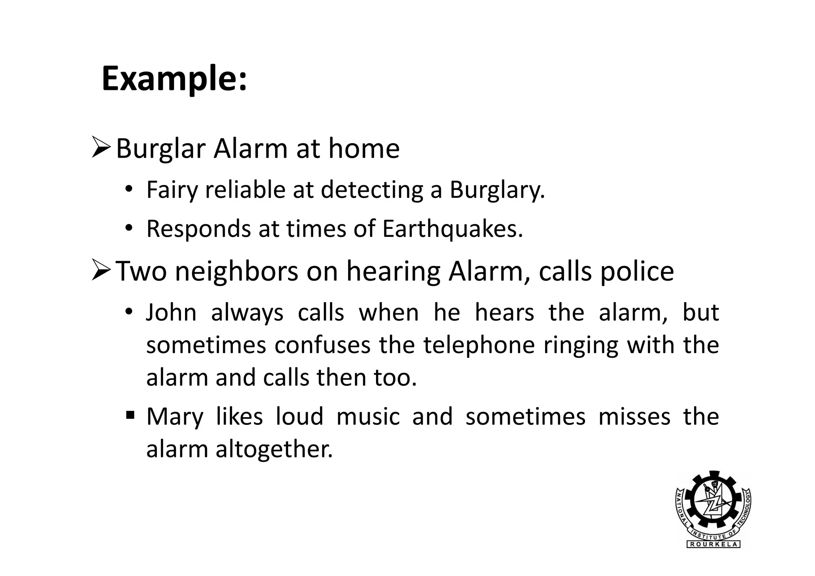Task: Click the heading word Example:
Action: tap(174, 79)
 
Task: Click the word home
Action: tap(364, 148)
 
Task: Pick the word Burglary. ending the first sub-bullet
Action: tap(497, 190)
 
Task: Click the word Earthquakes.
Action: tap(452, 229)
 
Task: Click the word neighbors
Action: tap(236, 271)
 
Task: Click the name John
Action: tap(172, 312)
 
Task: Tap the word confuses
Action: tap(322, 345)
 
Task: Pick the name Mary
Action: tap(175, 417)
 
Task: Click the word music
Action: tap(368, 416)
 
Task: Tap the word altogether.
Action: tap(274, 449)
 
